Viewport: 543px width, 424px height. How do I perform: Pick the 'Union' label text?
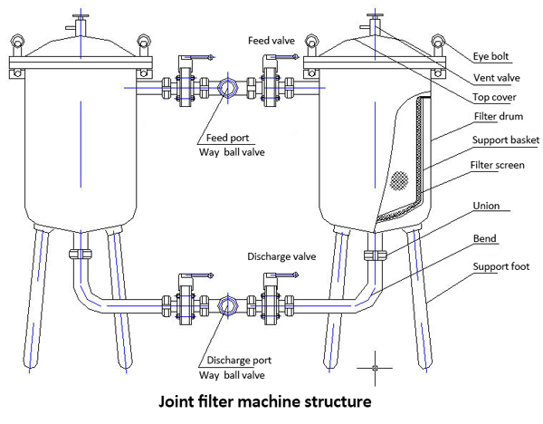pos(485,206)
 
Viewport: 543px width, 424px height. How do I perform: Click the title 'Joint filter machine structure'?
pos(271,402)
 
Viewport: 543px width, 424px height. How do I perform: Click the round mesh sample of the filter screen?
pos(400,178)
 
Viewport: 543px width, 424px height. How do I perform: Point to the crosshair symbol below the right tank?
pos(375,367)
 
